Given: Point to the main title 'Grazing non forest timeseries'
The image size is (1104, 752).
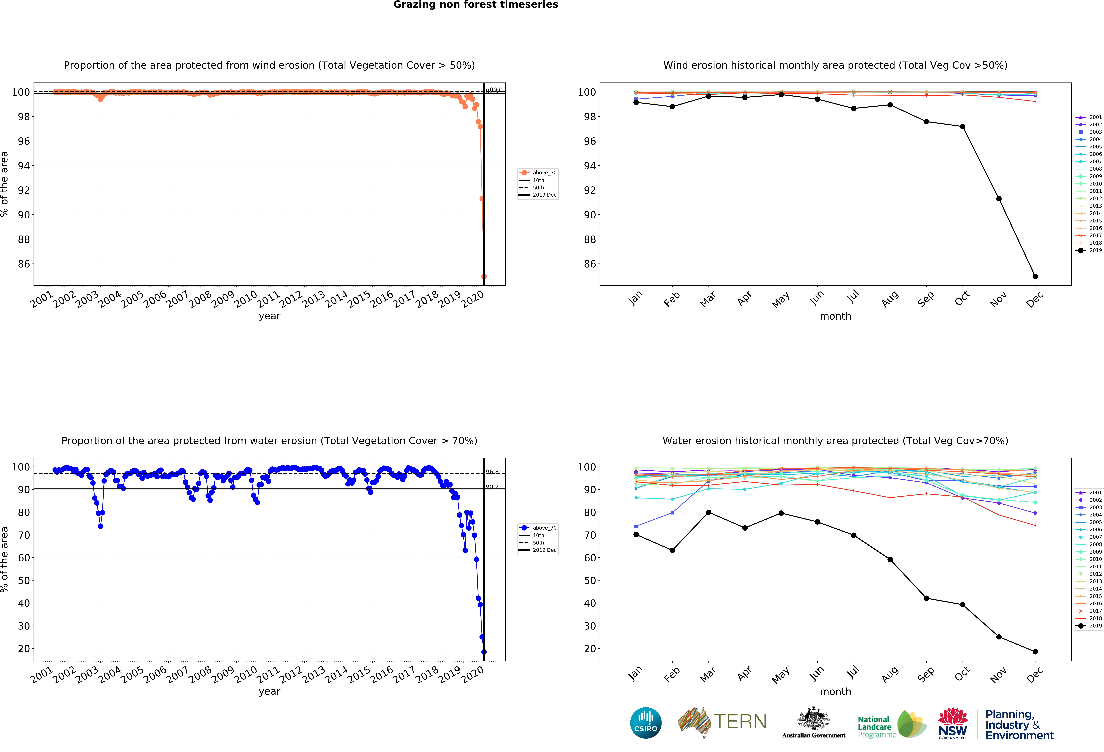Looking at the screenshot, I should [475, 5].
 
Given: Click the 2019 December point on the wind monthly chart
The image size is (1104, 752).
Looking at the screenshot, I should [1035, 276].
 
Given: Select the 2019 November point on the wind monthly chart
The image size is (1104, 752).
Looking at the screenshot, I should [999, 198].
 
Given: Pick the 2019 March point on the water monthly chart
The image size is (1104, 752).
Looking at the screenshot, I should [708, 512].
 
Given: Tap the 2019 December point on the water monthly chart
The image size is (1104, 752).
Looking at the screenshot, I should [1035, 652].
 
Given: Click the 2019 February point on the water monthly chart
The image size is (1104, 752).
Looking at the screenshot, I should [672, 550].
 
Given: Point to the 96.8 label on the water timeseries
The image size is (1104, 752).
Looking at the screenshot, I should [492, 472].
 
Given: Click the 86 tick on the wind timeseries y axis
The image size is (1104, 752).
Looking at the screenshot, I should [24, 264].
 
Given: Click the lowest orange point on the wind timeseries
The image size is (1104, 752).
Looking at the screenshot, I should [484, 276].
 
